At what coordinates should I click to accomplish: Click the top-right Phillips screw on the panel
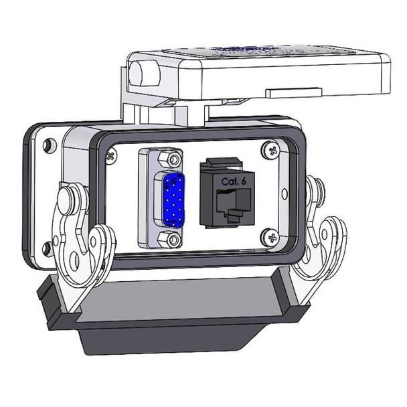(x=270, y=151)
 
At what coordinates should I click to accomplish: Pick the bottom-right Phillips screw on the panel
(x=271, y=236)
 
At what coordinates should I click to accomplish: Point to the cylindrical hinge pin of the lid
(x=142, y=72)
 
